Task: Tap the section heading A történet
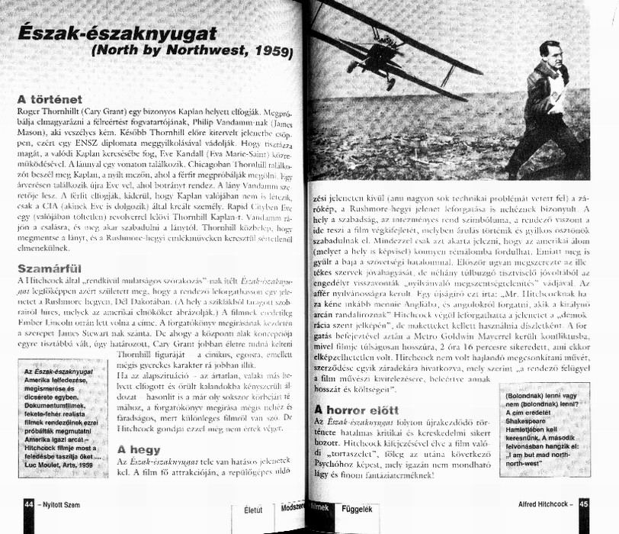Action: (x=50, y=99)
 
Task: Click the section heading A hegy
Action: (x=139, y=449)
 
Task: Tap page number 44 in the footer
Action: (x=28, y=504)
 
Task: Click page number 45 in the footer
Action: (x=583, y=504)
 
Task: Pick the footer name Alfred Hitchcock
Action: (x=541, y=504)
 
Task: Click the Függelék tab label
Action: (x=357, y=508)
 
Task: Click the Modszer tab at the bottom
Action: (x=293, y=508)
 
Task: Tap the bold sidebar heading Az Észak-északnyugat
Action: (x=64, y=370)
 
